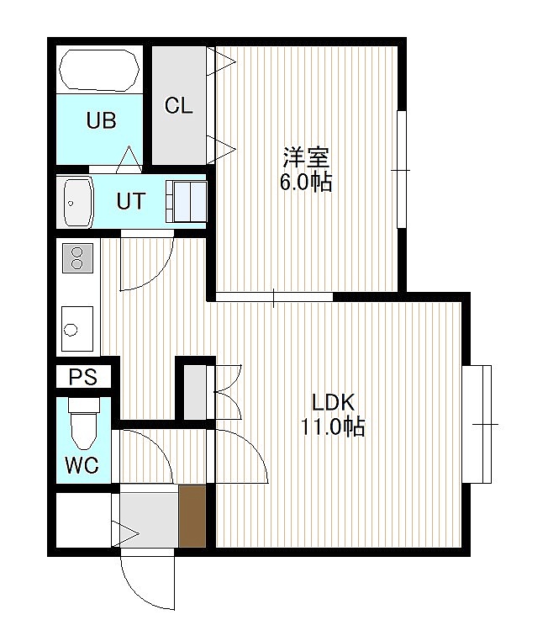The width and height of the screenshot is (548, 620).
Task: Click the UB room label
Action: click(101, 120)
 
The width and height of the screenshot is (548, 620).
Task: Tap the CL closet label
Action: click(178, 105)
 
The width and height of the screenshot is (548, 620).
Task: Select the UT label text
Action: click(131, 201)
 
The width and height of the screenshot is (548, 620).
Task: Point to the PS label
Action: click(83, 377)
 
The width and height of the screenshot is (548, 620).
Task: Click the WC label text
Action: click(82, 465)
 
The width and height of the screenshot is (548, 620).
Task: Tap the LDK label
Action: click(333, 402)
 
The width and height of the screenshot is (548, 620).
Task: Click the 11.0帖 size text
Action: click(333, 427)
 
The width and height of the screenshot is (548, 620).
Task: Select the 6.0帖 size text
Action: click(306, 183)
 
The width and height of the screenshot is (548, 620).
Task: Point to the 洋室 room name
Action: click(306, 157)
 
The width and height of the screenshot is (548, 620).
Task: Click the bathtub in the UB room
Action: click(99, 71)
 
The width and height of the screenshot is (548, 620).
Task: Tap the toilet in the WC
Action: click(84, 423)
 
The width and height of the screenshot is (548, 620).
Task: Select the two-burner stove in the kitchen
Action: click(77, 258)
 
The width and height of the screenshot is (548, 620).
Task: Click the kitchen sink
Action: click(77, 329)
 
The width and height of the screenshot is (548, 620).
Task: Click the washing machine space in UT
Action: click(186, 201)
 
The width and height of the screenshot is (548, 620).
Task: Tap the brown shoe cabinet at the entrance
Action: click(192, 517)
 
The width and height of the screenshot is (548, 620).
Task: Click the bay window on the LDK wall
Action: click(477, 424)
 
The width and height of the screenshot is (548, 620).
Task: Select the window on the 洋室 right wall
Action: click(402, 170)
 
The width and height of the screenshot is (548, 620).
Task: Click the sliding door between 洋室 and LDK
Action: click(274, 297)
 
